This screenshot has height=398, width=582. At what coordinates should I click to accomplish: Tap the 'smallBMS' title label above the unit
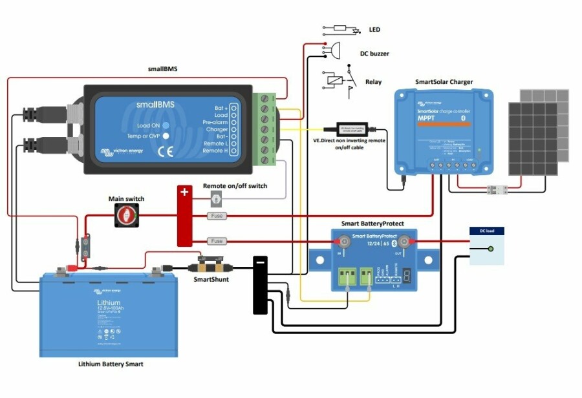[x=164, y=68]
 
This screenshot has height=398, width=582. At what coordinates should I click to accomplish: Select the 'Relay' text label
[x=373, y=82]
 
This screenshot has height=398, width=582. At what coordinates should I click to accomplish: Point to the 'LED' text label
[x=374, y=30]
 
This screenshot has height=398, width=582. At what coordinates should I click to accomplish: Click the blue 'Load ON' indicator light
[x=166, y=125]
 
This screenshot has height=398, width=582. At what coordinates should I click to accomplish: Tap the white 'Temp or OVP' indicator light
[x=166, y=136]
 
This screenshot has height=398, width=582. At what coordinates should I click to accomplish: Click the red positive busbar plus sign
[x=184, y=193]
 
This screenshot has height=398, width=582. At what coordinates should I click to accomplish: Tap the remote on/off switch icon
[x=217, y=200]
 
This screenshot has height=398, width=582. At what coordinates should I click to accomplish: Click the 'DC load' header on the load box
[x=486, y=231]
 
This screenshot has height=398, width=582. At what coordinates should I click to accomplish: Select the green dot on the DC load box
[x=491, y=249]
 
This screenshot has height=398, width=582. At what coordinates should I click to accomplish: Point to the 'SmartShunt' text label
[x=211, y=280]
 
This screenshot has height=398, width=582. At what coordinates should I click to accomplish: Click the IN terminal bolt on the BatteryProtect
[x=345, y=243]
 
